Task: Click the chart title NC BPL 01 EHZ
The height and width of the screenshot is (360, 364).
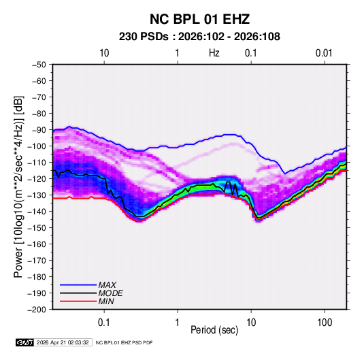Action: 199,19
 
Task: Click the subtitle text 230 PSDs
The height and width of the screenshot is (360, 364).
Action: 144,37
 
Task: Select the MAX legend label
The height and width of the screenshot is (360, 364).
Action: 107,284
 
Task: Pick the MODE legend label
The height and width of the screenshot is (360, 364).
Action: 110,293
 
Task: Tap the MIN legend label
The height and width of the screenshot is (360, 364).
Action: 106,301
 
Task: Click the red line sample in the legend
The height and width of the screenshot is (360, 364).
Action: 78,301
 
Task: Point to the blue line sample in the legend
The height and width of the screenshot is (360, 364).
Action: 78,284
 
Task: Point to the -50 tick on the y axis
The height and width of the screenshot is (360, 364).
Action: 39,65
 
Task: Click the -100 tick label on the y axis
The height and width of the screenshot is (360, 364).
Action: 37,146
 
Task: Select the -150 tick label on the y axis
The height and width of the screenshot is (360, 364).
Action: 37,228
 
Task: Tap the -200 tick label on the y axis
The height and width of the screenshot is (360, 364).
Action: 37,310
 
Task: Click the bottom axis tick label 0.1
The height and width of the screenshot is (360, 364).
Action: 104,323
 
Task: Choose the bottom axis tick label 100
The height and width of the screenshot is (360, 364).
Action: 325,323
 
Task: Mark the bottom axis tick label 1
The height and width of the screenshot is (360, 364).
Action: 178,323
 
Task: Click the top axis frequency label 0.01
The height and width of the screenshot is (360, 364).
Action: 324,53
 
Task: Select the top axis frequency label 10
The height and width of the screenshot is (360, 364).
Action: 104,53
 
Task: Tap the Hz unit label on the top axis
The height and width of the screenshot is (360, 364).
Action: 214,53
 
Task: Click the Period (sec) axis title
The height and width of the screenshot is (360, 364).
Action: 214,330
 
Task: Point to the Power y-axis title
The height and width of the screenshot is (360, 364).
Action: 18,187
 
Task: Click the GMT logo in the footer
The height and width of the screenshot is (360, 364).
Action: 25,342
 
